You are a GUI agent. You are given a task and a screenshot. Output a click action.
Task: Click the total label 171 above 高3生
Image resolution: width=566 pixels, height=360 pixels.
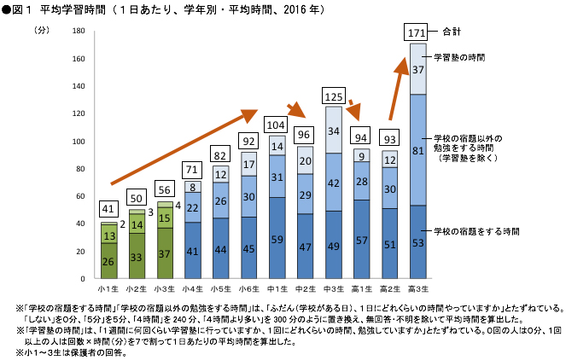(x=417, y=32)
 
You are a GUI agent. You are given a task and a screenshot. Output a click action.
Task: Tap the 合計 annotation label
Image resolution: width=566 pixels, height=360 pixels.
(x=452, y=32)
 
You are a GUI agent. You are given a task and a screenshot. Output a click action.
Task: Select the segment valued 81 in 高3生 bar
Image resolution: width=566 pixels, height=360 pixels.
(x=417, y=150)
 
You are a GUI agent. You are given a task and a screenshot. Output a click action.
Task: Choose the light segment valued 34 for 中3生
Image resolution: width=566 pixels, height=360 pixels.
(x=333, y=131)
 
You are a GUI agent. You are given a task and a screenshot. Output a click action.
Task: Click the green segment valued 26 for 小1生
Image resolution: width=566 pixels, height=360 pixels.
(x=108, y=261)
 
